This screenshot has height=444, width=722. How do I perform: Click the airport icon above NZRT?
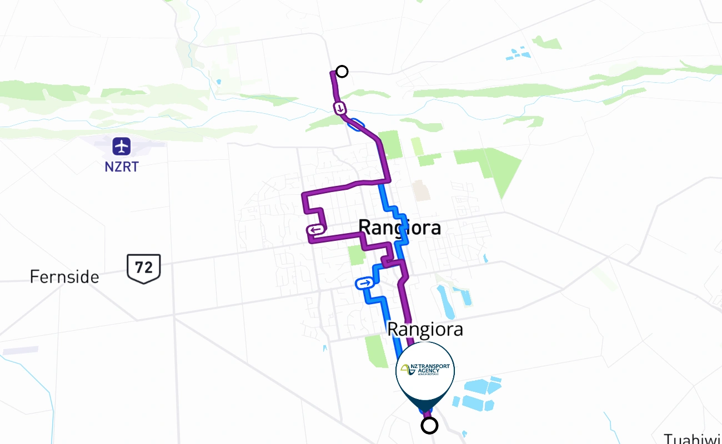click(121, 147)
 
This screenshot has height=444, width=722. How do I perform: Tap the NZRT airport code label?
click(121, 166)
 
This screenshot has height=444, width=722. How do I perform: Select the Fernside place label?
click(64, 276)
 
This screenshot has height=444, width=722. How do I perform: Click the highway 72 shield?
click(144, 268)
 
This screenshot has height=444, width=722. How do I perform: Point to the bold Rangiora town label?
click(400, 227)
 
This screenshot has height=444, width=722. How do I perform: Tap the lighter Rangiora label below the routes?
click(425, 329)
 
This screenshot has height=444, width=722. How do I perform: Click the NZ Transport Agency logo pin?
click(425, 370)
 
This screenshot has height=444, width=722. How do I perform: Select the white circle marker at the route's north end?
click(342, 72)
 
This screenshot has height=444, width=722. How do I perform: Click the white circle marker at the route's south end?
click(429, 426)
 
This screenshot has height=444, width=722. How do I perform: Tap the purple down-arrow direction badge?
click(339, 108)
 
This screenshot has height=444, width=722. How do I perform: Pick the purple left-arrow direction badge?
click(315, 230)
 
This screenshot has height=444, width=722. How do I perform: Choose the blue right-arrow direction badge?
click(364, 284)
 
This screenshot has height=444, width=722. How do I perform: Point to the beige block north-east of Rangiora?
click(421, 190)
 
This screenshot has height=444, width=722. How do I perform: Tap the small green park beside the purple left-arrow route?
click(355, 255)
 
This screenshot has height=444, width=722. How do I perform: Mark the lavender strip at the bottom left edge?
click(21, 351)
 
